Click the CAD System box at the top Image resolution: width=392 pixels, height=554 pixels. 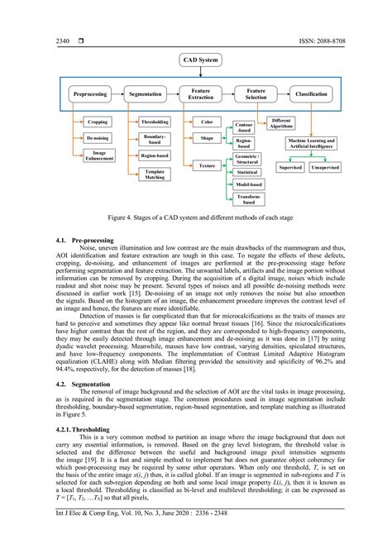click(203, 60)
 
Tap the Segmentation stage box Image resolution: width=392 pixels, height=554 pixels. click(146, 95)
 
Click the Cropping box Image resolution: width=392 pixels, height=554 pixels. click(98, 122)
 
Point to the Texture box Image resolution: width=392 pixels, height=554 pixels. click(207, 166)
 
